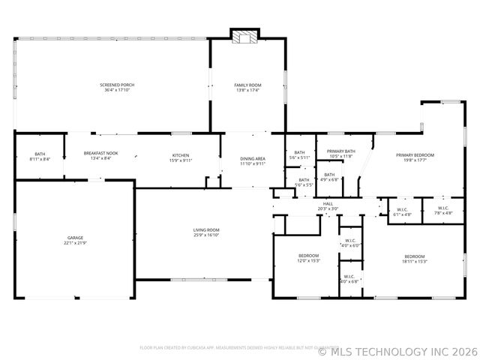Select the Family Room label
(x=247, y=85)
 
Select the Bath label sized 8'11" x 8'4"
(x=40, y=154)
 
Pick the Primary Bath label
(x=340, y=151)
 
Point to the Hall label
(x=328, y=202)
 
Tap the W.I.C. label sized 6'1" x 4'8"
(x=402, y=209)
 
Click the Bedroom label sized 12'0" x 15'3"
(x=309, y=256)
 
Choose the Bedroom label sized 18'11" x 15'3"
(x=414, y=256)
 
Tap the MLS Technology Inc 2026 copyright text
(x=397, y=349)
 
